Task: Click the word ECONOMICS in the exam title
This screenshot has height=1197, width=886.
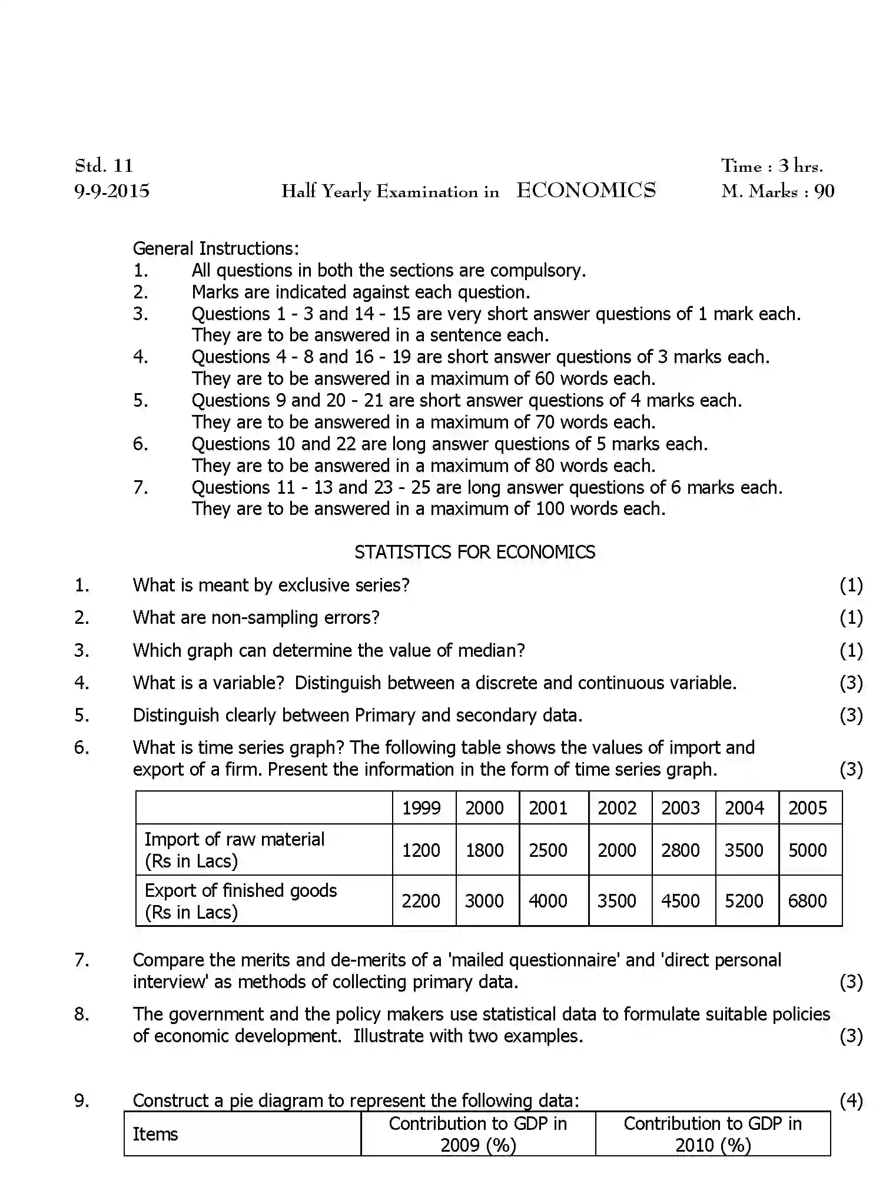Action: click(x=586, y=191)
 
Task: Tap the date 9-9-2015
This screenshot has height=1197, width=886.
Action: click(x=112, y=191)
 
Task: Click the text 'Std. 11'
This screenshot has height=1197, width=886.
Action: click(x=104, y=165)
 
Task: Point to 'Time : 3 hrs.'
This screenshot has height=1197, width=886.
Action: click(x=772, y=166)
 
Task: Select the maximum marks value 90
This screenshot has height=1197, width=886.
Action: click(x=824, y=191)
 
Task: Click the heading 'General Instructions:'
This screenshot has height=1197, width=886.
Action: click(x=215, y=248)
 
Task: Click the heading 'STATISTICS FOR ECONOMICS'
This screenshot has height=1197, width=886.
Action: click(x=474, y=552)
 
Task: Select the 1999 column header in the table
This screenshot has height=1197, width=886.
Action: click(x=421, y=808)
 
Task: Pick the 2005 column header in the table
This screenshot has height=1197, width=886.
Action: click(x=808, y=808)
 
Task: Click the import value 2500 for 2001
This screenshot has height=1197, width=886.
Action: click(x=547, y=850)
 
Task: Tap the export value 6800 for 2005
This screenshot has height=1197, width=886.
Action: click(x=807, y=901)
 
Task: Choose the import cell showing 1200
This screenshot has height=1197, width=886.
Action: click(x=421, y=850)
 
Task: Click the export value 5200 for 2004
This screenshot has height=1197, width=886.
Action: click(x=744, y=901)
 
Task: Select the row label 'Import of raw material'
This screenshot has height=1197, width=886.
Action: click(x=234, y=839)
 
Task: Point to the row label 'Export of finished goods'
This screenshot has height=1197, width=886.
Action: click(x=240, y=890)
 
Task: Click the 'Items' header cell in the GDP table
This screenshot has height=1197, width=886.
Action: click(x=155, y=1134)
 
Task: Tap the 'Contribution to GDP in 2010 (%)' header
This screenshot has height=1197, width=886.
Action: click(x=712, y=1134)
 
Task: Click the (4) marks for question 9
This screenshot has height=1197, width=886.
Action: click(x=851, y=1100)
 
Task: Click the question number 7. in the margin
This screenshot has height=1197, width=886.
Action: click(x=82, y=960)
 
